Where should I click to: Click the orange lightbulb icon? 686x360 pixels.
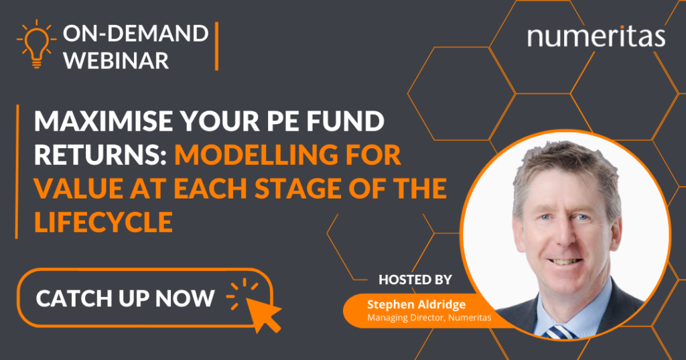[x=36, y=44]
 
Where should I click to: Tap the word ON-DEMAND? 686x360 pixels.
[x=135, y=34]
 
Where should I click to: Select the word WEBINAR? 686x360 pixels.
[x=117, y=60]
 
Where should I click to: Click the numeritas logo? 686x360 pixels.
[x=596, y=36]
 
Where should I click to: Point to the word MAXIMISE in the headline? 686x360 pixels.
[x=104, y=121]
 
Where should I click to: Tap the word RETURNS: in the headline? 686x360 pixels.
[x=100, y=155]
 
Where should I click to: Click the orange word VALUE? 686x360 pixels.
[x=78, y=188]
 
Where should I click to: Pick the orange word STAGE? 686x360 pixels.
[x=297, y=188]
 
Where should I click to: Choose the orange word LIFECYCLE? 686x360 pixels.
[x=104, y=222]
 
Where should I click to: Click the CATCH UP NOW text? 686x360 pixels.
[x=125, y=299]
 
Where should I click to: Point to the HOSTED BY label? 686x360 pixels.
[x=415, y=280]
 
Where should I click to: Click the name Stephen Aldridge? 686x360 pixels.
[x=416, y=304]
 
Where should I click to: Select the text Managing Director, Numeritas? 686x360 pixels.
[x=429, y=318]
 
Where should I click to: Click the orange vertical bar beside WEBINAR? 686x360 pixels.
[x=216, y=46]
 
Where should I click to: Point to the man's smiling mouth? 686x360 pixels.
[x=565, y=261]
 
